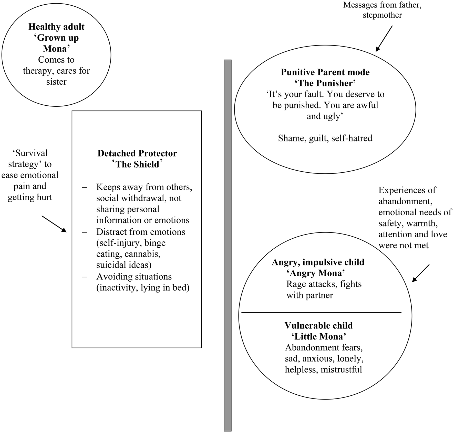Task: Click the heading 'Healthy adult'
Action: (56, 27)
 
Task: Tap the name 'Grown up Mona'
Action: (56, 43)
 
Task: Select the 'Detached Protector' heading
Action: (137, 153)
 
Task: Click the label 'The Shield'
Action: (137, 164)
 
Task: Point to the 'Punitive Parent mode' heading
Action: (325, 72)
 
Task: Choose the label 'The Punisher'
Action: (325, 83)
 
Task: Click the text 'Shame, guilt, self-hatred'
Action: (325, 138)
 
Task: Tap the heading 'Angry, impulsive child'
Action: (318, 262)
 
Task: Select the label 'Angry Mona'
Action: (316, 273)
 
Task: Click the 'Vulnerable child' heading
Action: (318, 326)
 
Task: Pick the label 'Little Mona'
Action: (319, 337)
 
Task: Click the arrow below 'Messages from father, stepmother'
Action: (384, 39)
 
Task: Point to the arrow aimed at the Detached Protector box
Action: (54, 224)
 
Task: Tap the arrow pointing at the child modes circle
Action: (420, 273)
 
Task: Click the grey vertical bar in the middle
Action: (228, 246)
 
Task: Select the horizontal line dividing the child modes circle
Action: (321, 313)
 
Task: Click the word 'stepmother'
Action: (382, 15)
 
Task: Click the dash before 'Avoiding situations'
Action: (85, 277)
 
